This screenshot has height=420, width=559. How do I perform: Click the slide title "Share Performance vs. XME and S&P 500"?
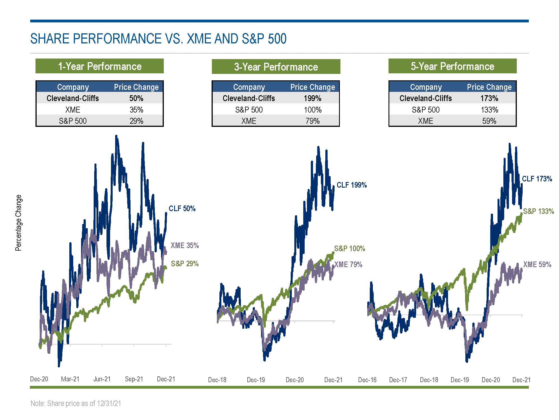click(158, 39)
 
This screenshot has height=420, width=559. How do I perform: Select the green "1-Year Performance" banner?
click(100, 66)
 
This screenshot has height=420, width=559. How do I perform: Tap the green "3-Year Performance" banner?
click(276, 67)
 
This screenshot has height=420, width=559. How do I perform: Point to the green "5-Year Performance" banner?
click(452, 66)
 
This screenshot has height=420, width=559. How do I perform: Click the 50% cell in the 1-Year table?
click(136, 98)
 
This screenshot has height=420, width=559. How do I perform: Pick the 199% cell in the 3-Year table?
click(312, 98)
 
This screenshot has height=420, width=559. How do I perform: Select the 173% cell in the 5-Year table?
click(489, 98)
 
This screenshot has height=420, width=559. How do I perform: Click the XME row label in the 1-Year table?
click(73, 109)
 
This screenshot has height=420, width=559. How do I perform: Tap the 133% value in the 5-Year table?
click(489, 109)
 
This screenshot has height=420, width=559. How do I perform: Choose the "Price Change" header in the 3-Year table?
click(312, 87)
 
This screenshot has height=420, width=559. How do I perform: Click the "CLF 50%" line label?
click(182, 208)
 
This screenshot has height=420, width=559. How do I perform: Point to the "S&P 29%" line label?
click(184, 263)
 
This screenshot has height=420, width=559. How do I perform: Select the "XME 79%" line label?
click(348, 264)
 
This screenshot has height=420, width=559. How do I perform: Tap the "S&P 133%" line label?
click(538, 211)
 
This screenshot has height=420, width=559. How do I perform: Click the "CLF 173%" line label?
click(537, 179)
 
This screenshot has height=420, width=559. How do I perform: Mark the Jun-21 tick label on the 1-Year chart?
click(102, 379)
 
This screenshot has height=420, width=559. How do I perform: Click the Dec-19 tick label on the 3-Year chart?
click(256, 380)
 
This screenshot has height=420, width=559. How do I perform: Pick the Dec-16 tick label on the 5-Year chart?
click(367, 380)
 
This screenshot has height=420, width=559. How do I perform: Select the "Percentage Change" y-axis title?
click(18, 223)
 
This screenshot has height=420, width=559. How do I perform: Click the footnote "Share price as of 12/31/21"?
click(76, 403)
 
